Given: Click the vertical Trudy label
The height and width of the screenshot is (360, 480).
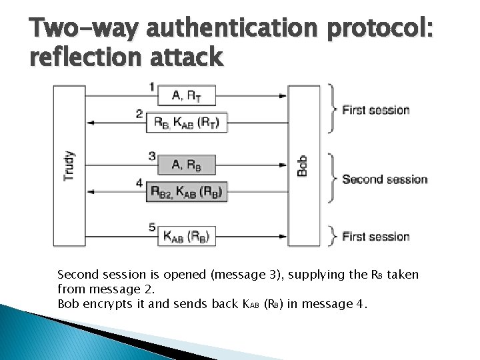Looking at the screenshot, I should tap(69, 166).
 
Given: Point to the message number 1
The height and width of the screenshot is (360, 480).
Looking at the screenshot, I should tap(152, 86).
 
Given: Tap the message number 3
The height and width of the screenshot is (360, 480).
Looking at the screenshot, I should tap(152, 156).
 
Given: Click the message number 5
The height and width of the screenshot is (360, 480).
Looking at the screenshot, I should tap(152, 227).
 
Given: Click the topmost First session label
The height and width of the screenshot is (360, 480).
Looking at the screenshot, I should tap(375, 110).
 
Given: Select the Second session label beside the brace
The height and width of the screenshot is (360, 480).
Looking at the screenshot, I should tap(385, 179).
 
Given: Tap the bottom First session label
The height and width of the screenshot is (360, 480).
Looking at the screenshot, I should tap(375, 237).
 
